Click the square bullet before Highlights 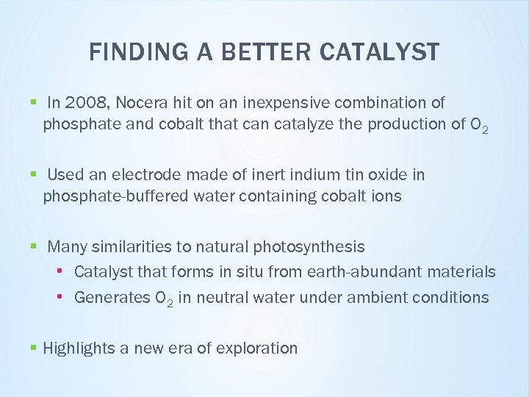click(x=34, y=348)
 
